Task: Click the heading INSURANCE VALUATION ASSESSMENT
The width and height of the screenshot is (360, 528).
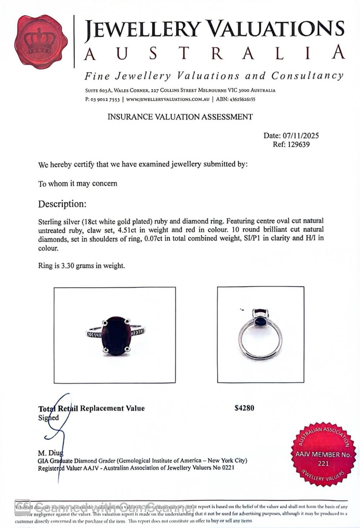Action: click(180, 117)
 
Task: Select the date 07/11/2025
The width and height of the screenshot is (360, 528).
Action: click(301, 136)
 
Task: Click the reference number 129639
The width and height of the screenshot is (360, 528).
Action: click(296, 145)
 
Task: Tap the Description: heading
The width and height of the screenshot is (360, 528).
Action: click(62, 204)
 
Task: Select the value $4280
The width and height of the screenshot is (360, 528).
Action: click(244, 408)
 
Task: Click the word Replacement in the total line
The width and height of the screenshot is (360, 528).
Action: click(102, 409)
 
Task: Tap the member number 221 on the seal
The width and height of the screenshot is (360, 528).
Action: click(323, 464)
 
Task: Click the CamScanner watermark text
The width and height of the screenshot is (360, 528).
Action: click(115, 507)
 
